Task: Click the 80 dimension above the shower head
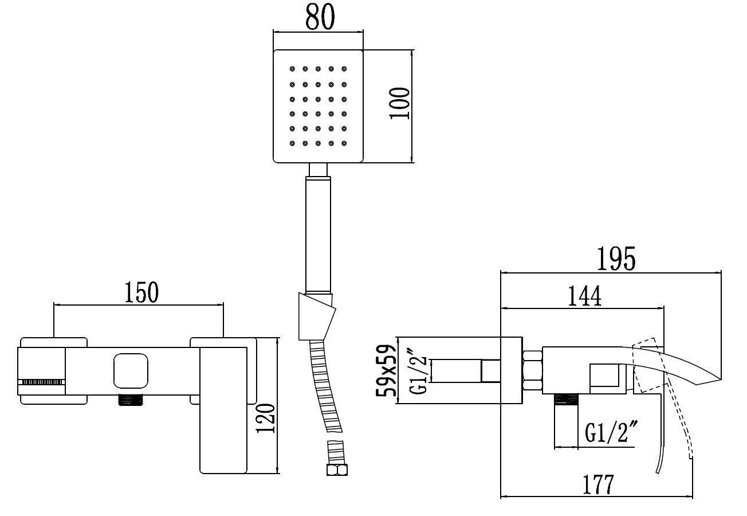(x=320, y=17)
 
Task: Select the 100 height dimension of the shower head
(x=399, y=103)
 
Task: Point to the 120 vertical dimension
(x=266, y=418)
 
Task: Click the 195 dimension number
(x=616, y=260)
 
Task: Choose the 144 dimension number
(x=584, y=296)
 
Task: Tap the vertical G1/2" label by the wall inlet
(x=419, y=371)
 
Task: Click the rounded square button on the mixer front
(x=131, y=370)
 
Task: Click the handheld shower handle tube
(x=318, y=235)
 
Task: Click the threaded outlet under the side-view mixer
(x=565, y=400)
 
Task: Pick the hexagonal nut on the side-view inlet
(x=533, y=372)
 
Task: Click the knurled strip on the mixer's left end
(x=41, y=381)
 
